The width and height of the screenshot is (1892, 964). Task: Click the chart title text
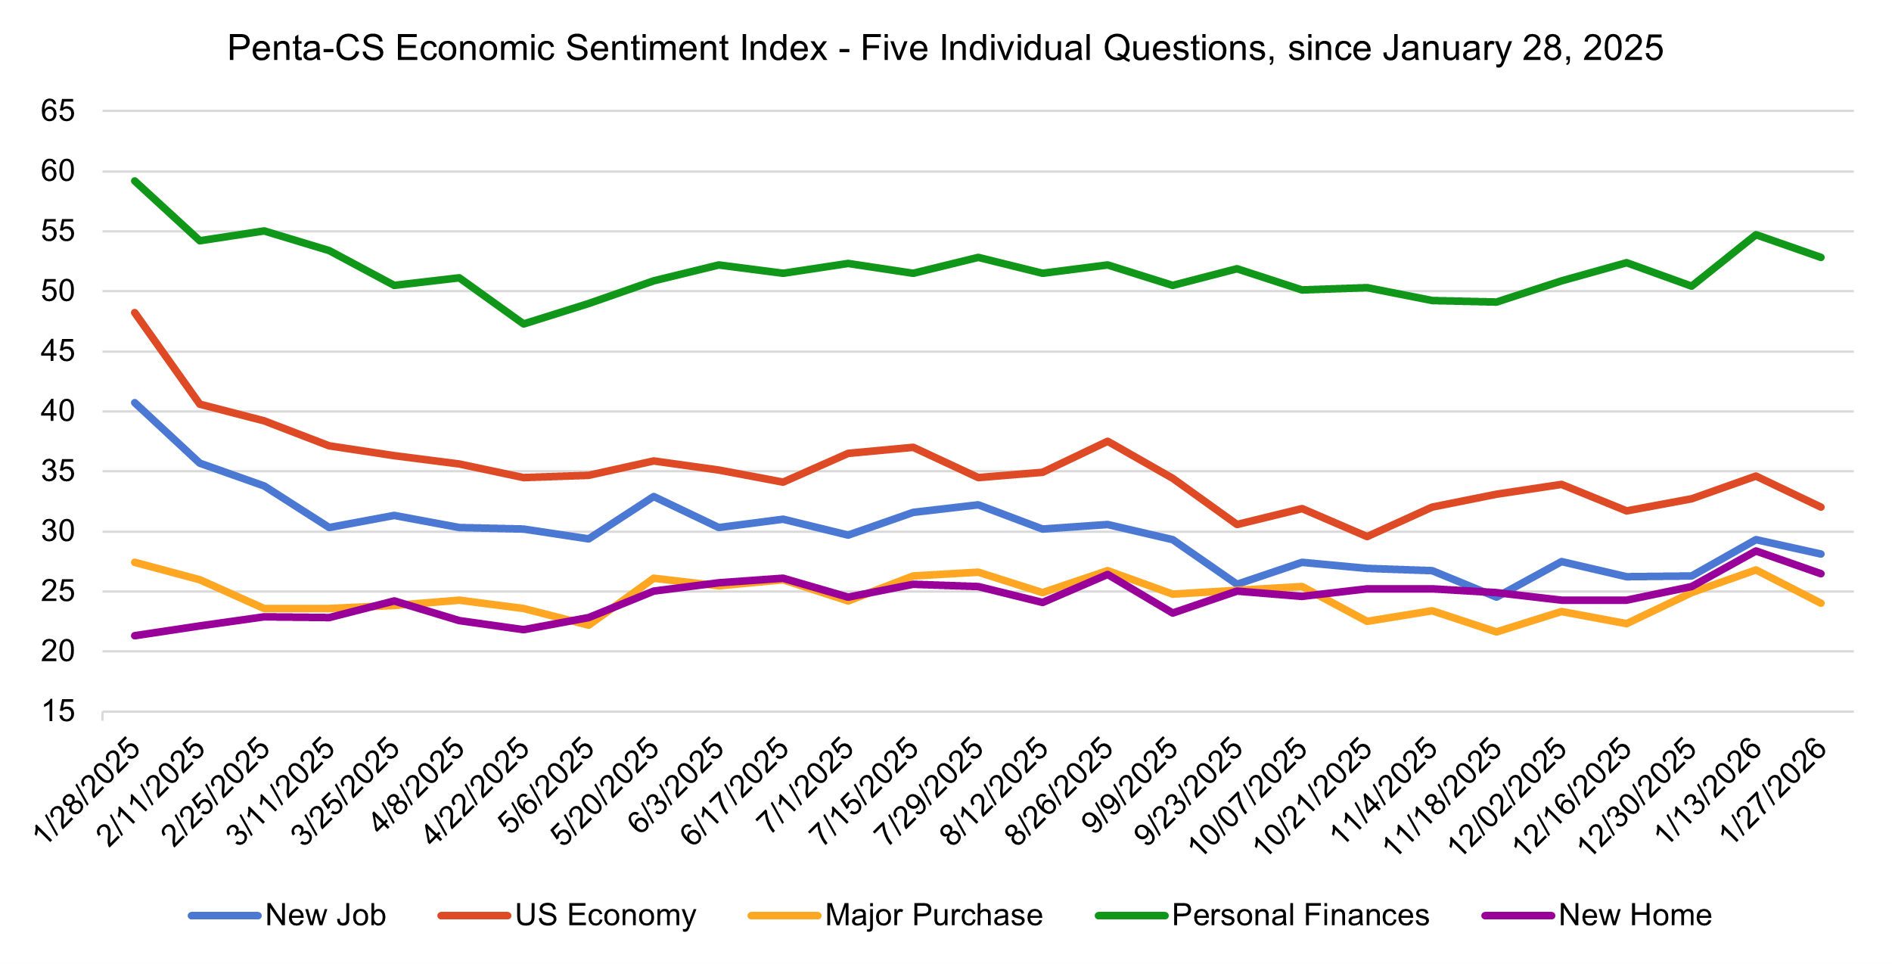point(945,48)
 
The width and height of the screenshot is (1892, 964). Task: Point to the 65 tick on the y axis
point(58,111)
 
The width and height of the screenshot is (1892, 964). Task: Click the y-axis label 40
point(58,412)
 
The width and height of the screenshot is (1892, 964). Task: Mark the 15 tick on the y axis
point(58,711)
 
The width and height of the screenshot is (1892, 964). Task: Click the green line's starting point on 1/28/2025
point(135,181)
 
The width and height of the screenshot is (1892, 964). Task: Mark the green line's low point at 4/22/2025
point(523,324)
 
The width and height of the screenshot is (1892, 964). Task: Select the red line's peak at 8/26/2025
point(1108,441)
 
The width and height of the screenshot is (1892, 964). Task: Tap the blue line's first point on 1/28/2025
point(135,403)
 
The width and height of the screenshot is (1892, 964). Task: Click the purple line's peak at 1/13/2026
point(1756,551)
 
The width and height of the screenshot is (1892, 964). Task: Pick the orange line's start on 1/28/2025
point(135,562)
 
